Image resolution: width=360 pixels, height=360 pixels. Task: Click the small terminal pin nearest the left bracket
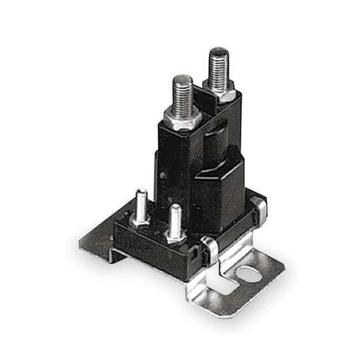[141, 204]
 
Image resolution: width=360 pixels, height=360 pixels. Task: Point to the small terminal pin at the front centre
[175, 221]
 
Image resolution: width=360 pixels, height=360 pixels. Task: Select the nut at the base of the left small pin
[140, 219]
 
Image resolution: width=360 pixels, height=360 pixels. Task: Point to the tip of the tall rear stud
[218, 51]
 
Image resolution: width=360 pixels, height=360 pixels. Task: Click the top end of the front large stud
[182, 79]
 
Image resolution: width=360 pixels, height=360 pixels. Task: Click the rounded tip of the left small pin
[142, 193]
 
